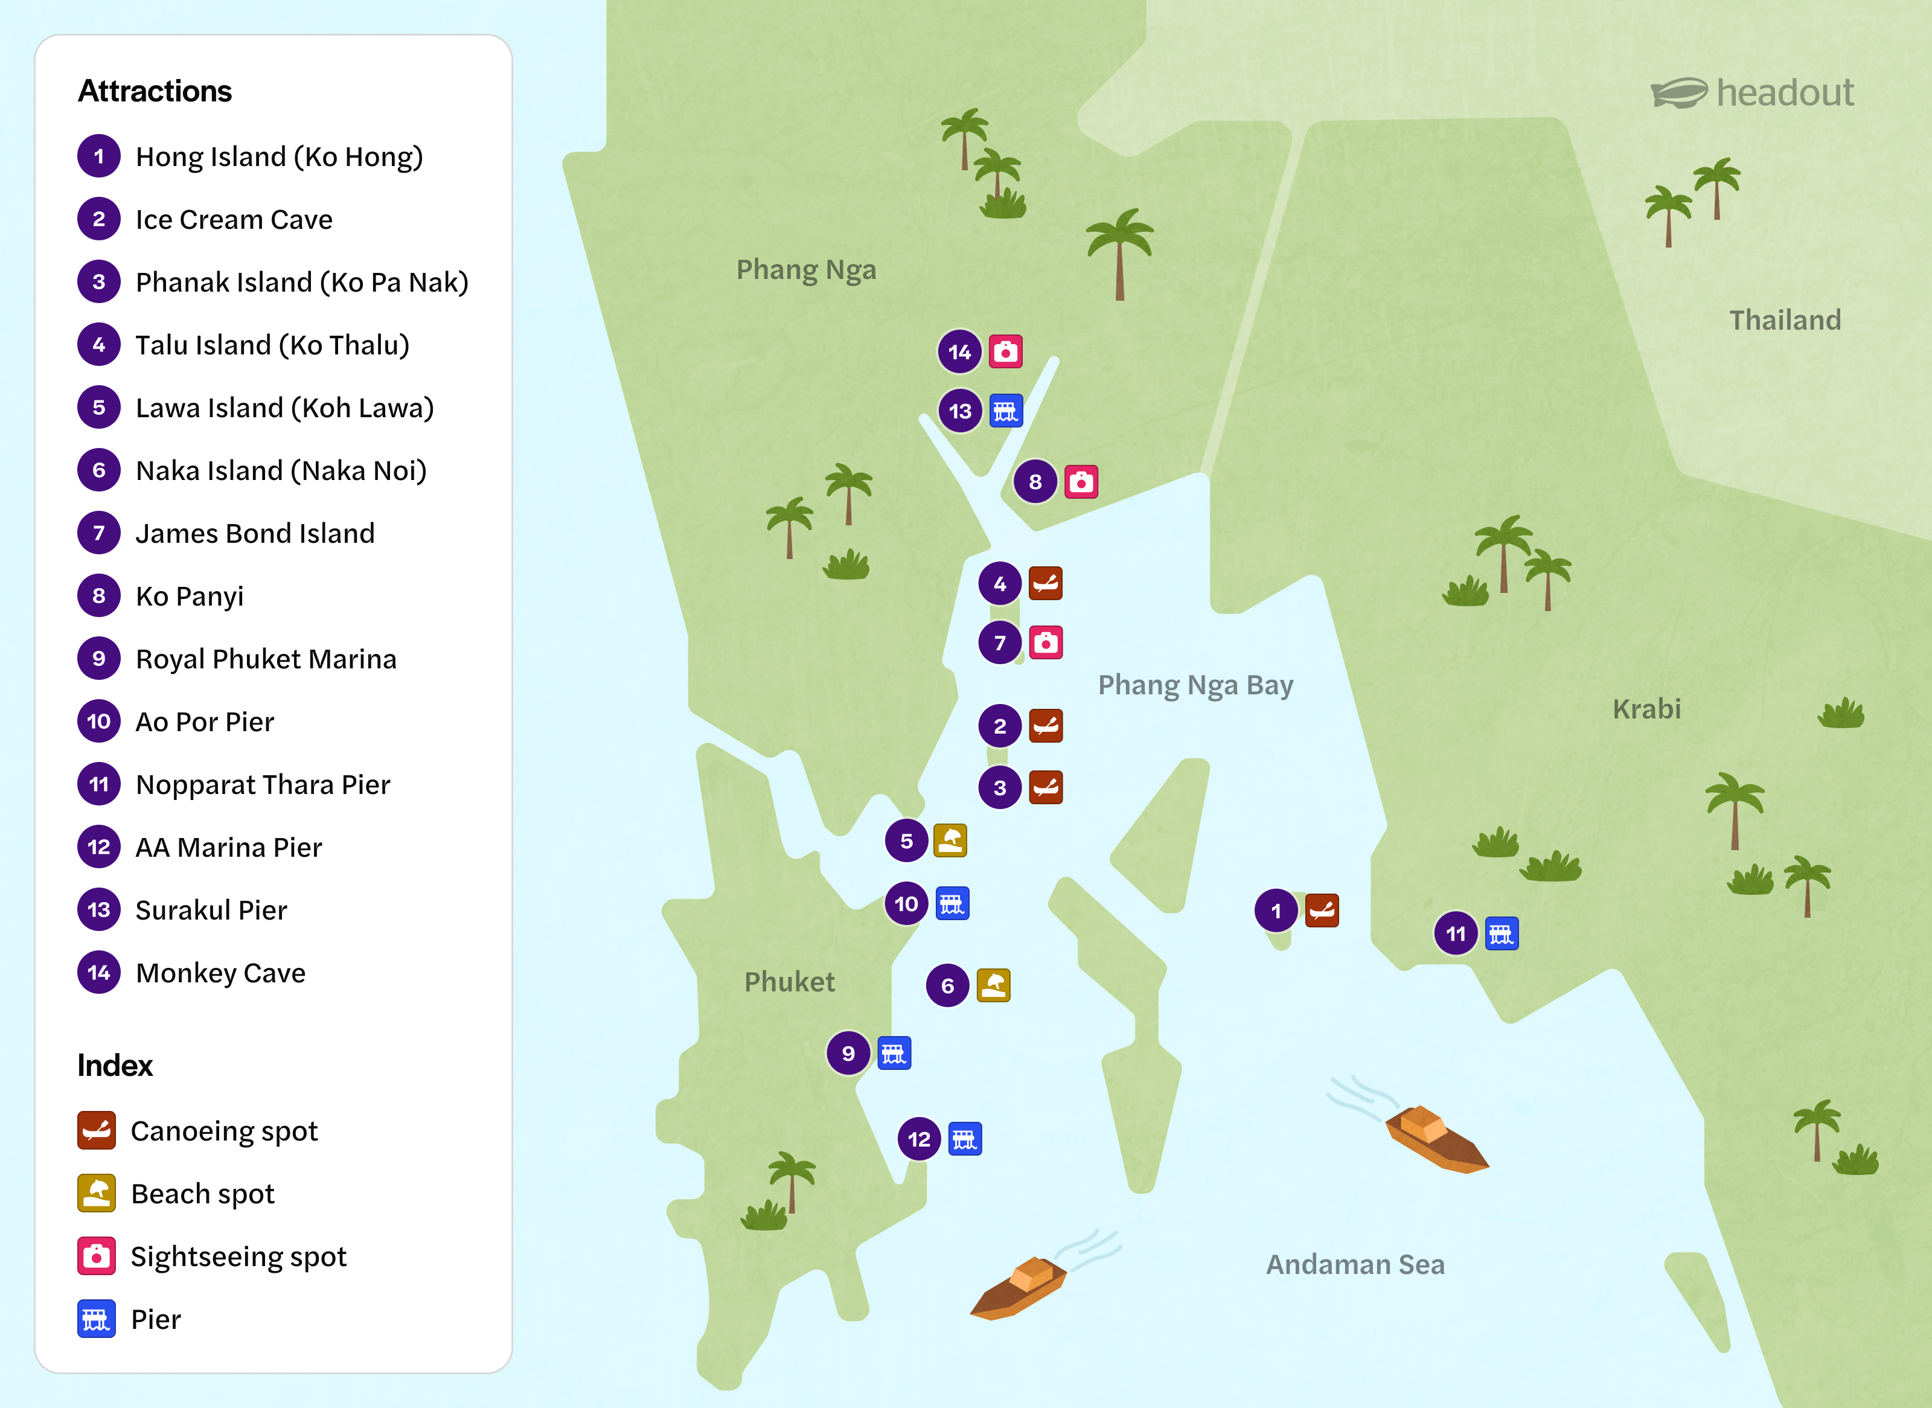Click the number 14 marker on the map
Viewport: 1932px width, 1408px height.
[x=959, y=352]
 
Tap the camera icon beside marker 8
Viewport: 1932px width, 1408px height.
[x=1081, y=482]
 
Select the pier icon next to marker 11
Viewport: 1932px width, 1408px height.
[x=1501, y=933]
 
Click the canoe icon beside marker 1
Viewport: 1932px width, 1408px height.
[x=1321, y=910]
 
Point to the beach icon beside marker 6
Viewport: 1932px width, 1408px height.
[x=993, y=985]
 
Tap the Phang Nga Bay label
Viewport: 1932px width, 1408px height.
[x=1195, y=685]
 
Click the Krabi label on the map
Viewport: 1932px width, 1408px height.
[x=1646, y=708]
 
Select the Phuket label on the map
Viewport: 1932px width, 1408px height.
[x=789, y=981]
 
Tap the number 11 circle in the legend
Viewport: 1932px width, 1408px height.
[x=99, y=784]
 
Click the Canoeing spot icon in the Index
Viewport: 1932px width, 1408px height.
[x=97, y=1130]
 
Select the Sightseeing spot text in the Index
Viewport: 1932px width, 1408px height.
[x=238, y=1256]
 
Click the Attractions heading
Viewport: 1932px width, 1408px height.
[x=154, y=91]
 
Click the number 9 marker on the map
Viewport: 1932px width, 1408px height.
[x=848, y=1054]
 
